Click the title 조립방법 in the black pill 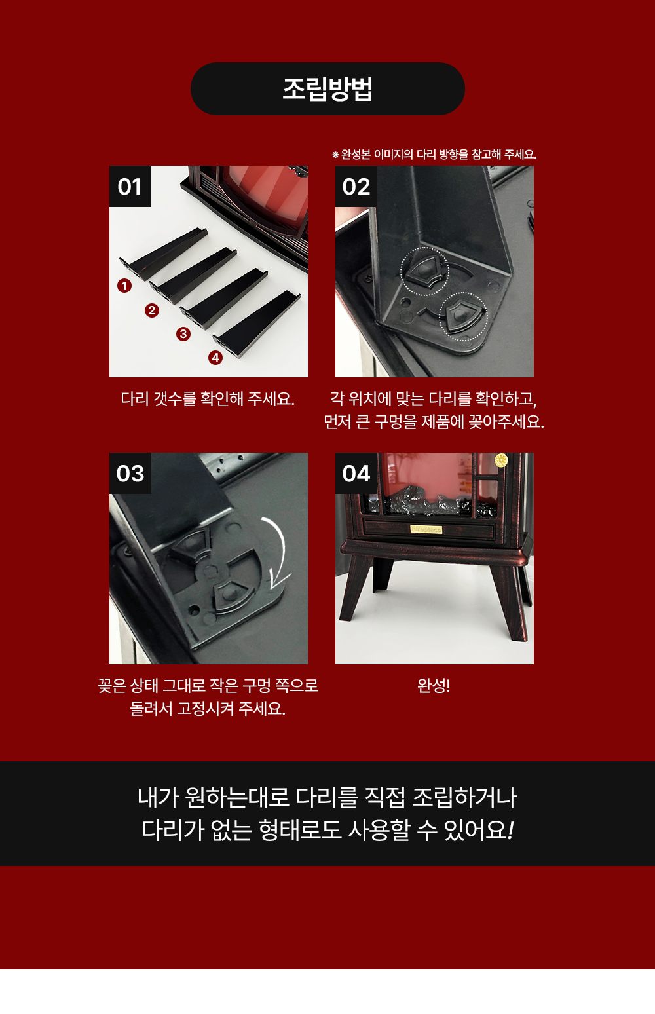327,88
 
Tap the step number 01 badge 130,186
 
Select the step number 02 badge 356,186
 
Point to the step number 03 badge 130,473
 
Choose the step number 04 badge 356,473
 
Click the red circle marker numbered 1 124,286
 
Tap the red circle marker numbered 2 152,310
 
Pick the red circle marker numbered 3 183,334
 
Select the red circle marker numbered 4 215,358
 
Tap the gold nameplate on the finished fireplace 426,529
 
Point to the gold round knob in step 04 501,460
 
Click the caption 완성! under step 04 434,686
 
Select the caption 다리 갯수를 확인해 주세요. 208,399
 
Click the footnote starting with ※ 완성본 434,155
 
